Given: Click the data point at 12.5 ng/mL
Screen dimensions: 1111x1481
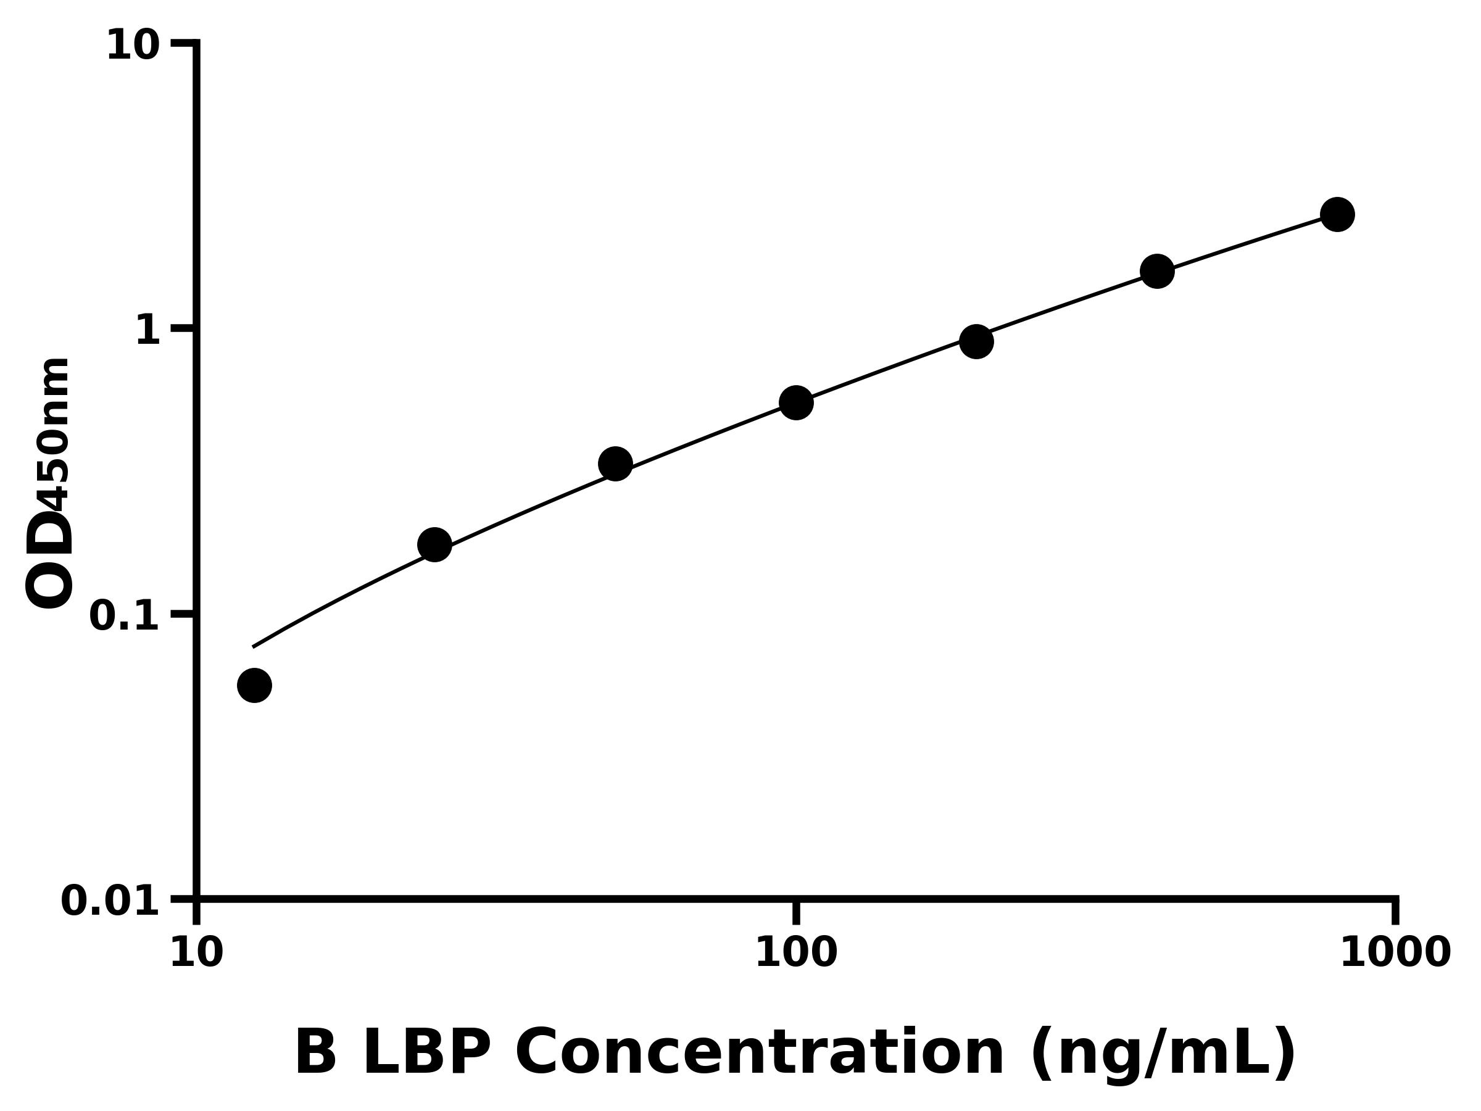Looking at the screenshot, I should click(254, 685).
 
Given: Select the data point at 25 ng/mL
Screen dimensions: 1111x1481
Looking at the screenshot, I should click(434, 544).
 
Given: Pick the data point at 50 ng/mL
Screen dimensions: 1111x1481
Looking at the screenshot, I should click(615, 464).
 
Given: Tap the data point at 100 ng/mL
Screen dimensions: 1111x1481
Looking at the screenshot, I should click(796, 402).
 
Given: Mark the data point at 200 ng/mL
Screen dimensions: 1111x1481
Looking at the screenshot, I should click(976, 341).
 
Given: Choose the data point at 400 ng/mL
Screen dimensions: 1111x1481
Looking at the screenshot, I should click(1157, 271).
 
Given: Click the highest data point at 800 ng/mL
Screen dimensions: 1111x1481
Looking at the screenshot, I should click(1337, 214).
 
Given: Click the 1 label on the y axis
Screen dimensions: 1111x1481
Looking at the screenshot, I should click(148, 331).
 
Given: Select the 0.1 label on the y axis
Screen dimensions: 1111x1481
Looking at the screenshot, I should click(125, 616).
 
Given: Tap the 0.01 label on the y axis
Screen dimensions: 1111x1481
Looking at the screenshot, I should click(110, 901).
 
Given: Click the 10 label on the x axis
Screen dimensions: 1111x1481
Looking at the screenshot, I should click(196, 953).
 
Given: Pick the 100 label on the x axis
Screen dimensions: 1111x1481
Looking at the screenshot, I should click(796, 953).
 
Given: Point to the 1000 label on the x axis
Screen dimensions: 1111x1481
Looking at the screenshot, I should click(1395, 953).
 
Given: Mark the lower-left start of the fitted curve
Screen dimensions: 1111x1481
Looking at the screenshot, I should click(253, 647).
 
